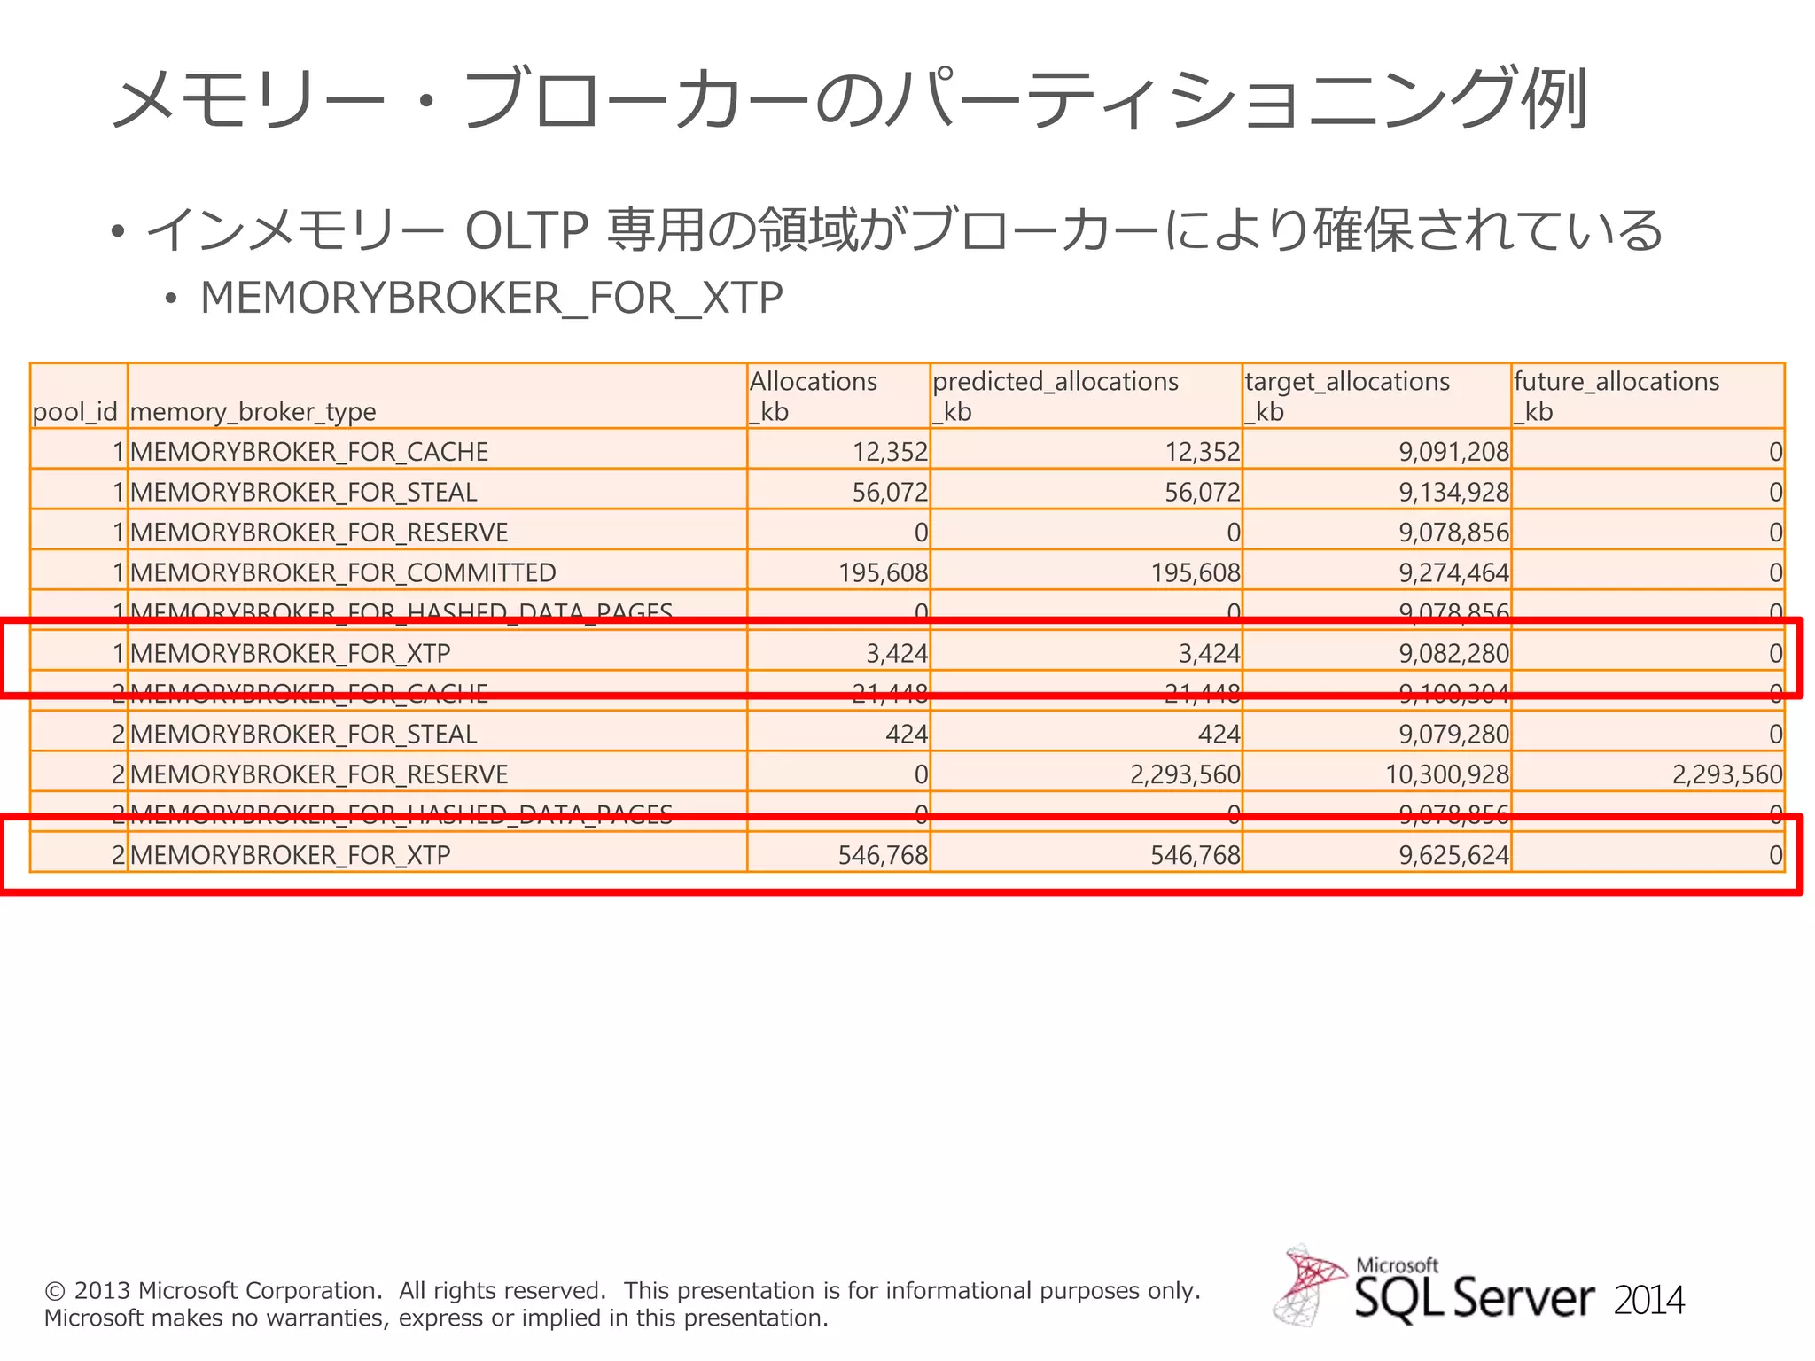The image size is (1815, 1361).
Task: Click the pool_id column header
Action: pos(74,411)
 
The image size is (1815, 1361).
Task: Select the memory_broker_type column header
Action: pos(253,411)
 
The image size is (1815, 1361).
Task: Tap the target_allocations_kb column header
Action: pos(1347,396)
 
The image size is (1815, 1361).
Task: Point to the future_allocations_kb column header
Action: pos(1616,396)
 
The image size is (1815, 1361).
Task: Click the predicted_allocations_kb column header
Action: pos(1056,396)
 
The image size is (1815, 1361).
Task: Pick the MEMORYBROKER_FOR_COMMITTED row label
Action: pos(343,573)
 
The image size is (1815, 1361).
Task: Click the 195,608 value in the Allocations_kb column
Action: pos(883,573)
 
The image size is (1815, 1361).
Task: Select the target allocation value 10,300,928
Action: pos(1446,774)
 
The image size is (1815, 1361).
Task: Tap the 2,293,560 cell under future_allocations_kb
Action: pos(1726,774)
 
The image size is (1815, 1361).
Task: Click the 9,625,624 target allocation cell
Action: pos(1453,855)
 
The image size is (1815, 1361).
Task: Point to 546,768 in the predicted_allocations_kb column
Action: pos(1195,855)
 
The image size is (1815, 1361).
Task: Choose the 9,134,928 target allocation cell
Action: pos(1453,493)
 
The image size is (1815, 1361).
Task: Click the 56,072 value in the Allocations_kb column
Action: pos(890,493)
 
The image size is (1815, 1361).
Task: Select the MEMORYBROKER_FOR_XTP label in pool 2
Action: pos(291,855)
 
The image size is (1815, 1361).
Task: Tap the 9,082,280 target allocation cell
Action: pos(1453,654)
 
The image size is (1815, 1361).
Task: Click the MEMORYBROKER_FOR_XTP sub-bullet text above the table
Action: pos(492,298)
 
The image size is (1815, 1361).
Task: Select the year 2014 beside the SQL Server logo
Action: pos(1648,1301)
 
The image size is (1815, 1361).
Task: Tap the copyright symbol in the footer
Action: pos(55,1291)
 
